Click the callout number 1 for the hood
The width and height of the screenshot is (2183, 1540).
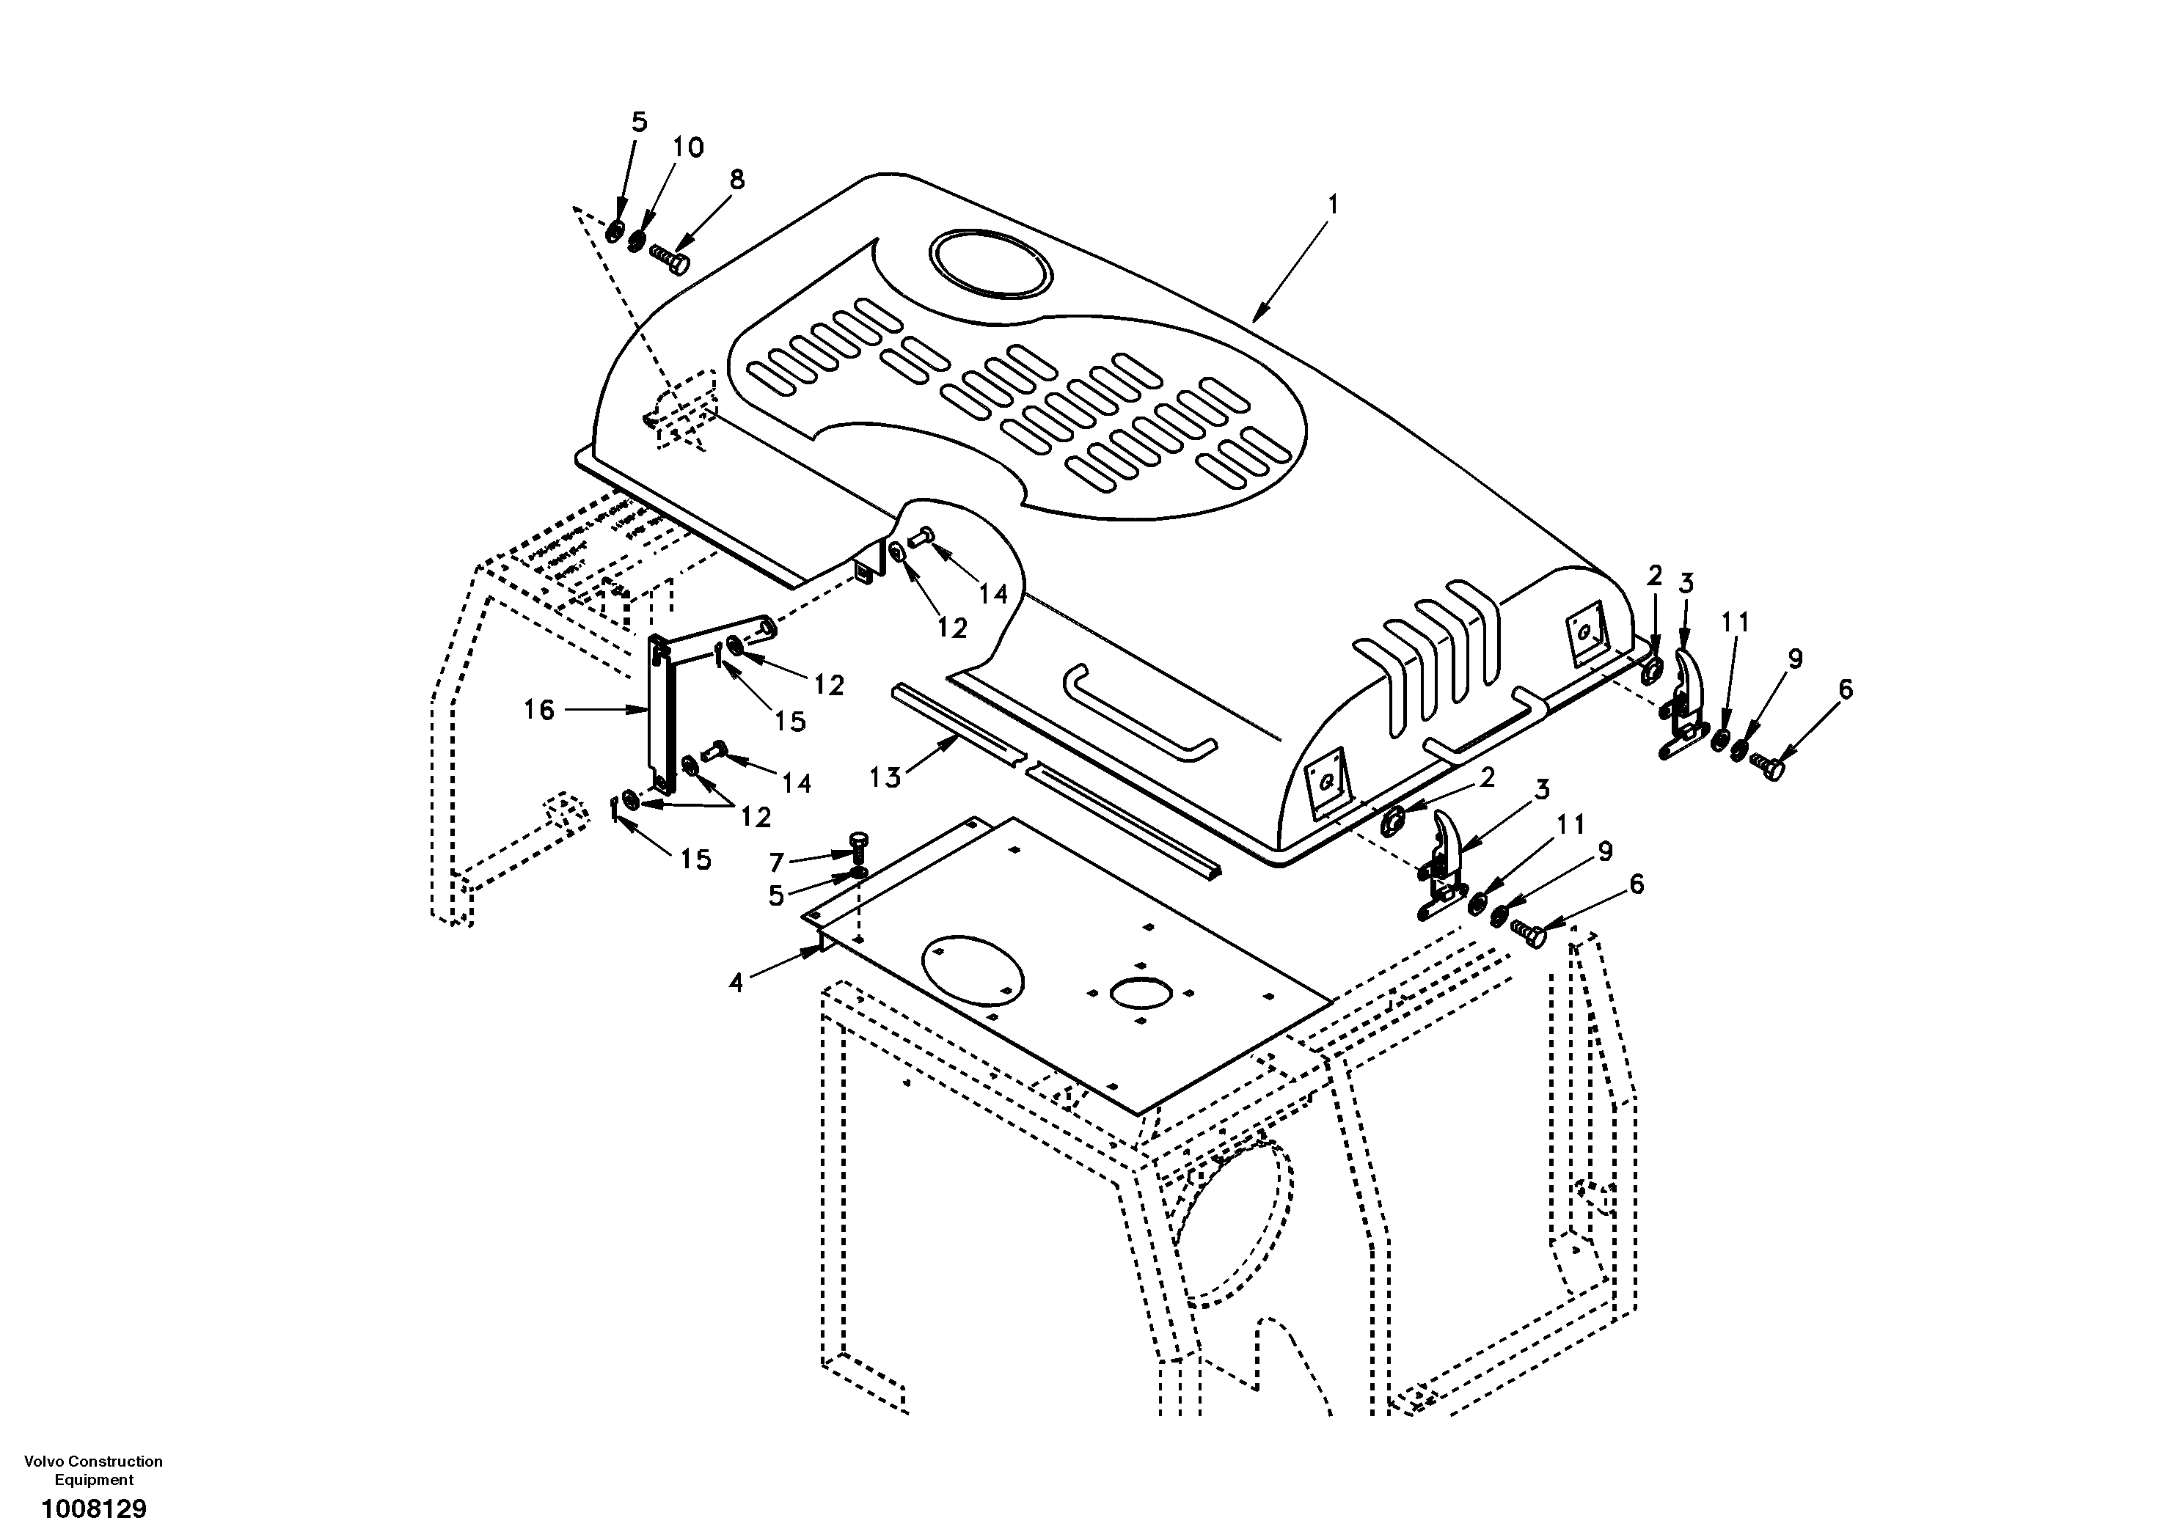pyautogui.click(x=1333, y=205)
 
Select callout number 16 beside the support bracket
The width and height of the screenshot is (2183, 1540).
pyautogui.click(x=539, y=710)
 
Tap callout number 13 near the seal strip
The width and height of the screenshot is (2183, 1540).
pyautogui.click(x=884, y=777)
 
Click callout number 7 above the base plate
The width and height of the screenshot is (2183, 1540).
pyautogui.click(x=777, y=863)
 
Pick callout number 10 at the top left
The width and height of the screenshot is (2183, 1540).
pyautogui.click(x=688, y=147)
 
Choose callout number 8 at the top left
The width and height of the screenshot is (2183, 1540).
pyautogui.click(x=737, y=180)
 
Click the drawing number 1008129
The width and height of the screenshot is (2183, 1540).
pyautogui.click(x=93, y=1508)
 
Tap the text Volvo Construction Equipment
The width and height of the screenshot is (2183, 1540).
pyautogui.click(x=93, y=1470)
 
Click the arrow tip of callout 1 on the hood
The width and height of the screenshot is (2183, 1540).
pyautogui.click(x=1254, y=321)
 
